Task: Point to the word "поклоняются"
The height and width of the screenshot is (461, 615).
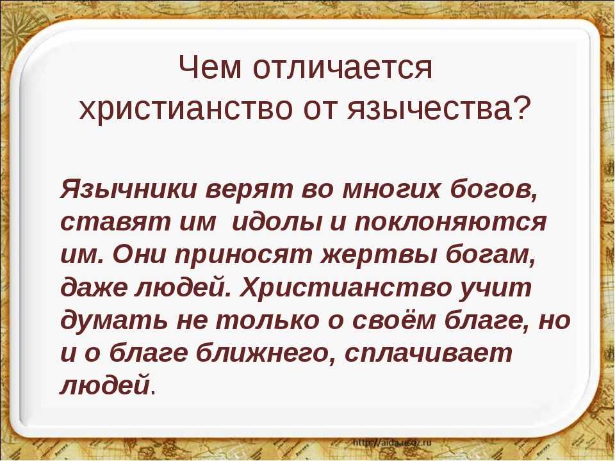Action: (450, 222)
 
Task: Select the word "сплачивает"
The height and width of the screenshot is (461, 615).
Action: (429, 353)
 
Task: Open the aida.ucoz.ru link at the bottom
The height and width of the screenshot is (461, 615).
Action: (392, 442)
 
